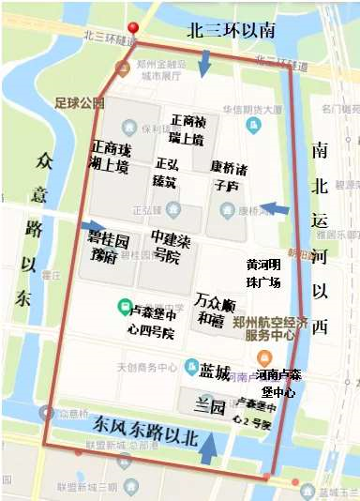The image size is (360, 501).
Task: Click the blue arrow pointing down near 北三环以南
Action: pyautogui.click(x=205, y=63)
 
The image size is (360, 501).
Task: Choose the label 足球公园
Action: pyautogui.click(x=80, y=102)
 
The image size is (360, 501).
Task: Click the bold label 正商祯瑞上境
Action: pyautogui.click(x=195, y=130)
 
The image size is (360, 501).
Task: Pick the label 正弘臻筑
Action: pyautogui.click(x=166, y=173)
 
